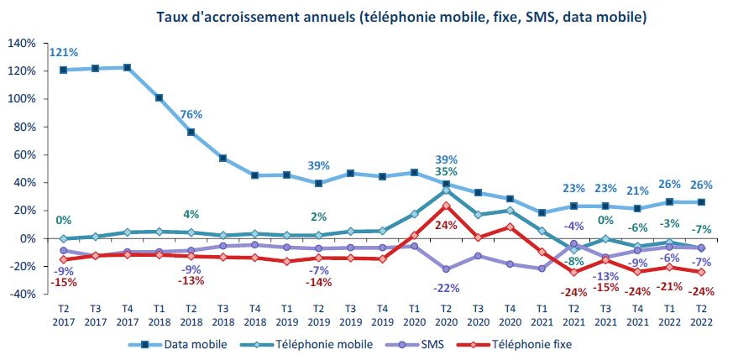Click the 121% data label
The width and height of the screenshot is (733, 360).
(x=63, y=52)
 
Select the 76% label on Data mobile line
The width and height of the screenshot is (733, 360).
(x=191, y=115)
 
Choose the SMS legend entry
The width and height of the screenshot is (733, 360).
(x=429, y=344)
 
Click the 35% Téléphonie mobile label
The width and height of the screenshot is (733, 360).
(x=447, y=173)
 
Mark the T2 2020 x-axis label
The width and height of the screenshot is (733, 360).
(x=446, y=314)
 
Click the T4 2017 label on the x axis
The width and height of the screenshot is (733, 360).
(x=127, y=314)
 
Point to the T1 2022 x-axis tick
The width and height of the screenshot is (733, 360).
(x=669, y=314)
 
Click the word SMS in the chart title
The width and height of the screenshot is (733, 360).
(x=530, y=16)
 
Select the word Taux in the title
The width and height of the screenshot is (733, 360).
(x=172, y=16)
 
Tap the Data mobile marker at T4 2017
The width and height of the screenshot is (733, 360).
(x=127, y=67)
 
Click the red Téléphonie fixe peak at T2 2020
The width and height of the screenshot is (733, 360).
(x=446, y=205)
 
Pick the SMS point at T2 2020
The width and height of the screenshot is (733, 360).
(x=446, y=269)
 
